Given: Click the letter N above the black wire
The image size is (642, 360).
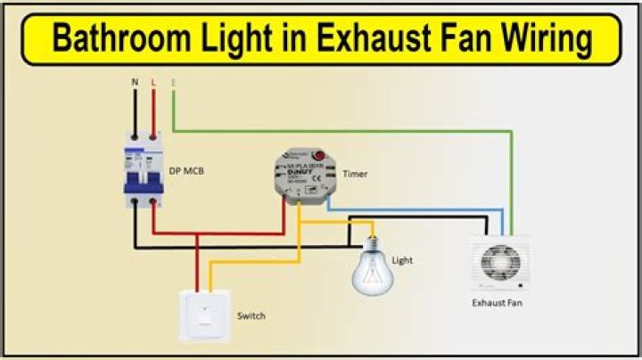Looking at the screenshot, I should pos(135,82).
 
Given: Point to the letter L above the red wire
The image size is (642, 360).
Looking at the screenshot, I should pos(153,82).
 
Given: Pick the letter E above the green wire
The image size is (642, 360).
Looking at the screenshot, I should pos(173,82).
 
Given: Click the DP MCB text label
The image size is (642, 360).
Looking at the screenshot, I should pos(186,169).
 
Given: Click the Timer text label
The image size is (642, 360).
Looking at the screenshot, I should pos(355,175).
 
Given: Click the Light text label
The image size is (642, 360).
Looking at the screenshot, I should pos(402,261).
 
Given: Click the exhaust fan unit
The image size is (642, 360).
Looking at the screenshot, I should pos(499,263).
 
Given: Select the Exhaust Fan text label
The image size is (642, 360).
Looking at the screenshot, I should pos(497,303).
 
